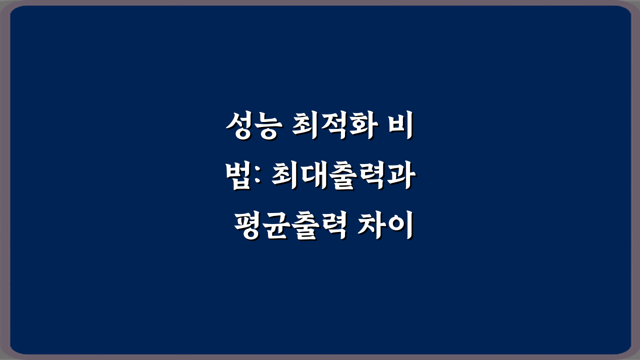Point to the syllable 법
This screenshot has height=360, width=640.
238,178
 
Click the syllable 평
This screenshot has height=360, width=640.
247,228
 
